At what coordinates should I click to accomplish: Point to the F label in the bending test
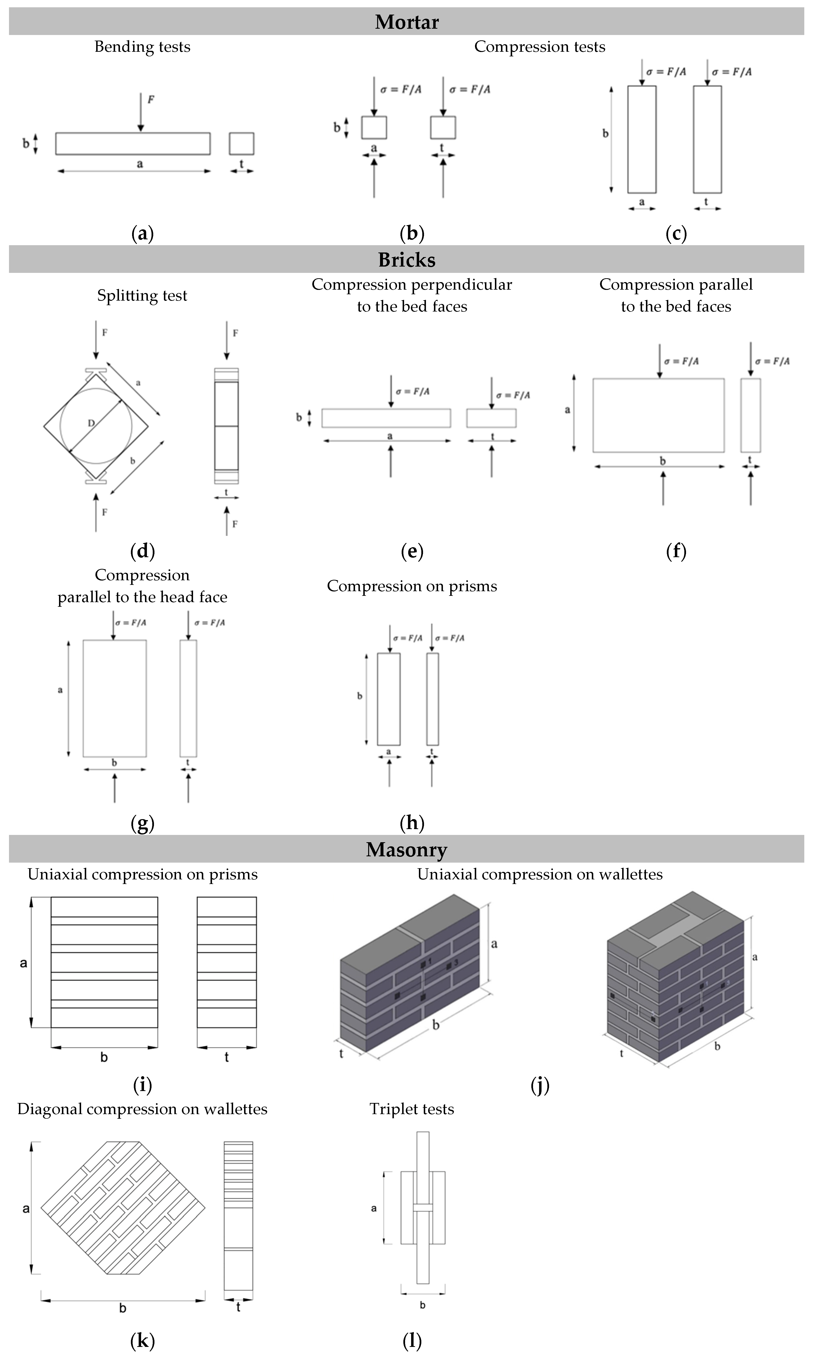click(151, 99)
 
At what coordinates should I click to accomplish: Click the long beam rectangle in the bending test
click(133, 144)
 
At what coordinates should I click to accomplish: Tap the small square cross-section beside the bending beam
click(241, 144)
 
